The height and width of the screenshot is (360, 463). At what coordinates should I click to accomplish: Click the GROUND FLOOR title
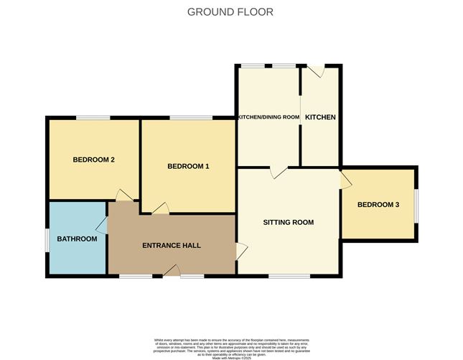pyautogui.click(x=230, y=11)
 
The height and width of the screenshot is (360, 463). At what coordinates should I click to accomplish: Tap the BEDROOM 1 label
pyautogui.click(x=188, y=167)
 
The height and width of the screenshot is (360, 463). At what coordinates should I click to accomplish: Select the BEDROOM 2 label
pyautogui.click(x=94, y=160)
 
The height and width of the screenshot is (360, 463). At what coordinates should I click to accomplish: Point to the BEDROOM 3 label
pyautogui.click(x=378, y=205)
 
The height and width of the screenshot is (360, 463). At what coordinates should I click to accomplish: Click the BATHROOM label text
pyautogui.click(x=77, y=239)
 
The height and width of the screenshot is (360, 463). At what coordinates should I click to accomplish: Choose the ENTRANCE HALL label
pyautogui.click(x=171, y=246)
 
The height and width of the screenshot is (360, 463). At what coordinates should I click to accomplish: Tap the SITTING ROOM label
pyautogui.click(x=288, y=222)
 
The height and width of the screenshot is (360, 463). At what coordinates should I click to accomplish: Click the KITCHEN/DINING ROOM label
pyautogui.click(x=268, y=117)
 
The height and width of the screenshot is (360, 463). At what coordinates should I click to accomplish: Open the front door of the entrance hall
pyautogui.click(x=172, y=271)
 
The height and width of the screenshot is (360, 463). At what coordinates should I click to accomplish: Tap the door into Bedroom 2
pyautogui.click(x=124, y=195)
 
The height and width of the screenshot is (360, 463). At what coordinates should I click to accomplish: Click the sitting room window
pyautogui.click(x=289, y=275)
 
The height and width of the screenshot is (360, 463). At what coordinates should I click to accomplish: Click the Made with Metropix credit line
pyautogui.click(x=230, y=351)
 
